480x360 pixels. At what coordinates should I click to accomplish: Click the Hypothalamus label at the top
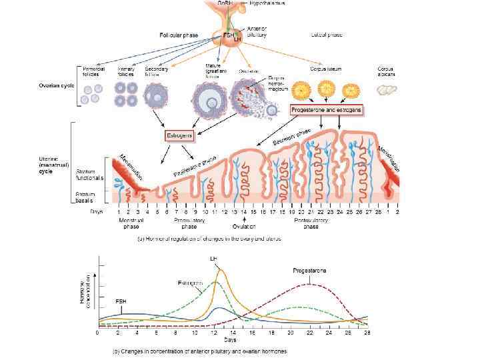coord(267,3)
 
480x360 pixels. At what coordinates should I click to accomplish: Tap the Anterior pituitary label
coord(257,31)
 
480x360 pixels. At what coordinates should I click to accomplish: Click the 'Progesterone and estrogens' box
coord(326,109)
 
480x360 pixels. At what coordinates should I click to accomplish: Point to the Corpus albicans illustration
coord(386,89)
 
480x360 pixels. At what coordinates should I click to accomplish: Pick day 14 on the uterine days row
coord(245,211)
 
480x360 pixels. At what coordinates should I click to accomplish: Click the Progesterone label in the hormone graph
coord(309,270)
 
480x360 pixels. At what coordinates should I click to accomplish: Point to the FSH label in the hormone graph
coord(121,301)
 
